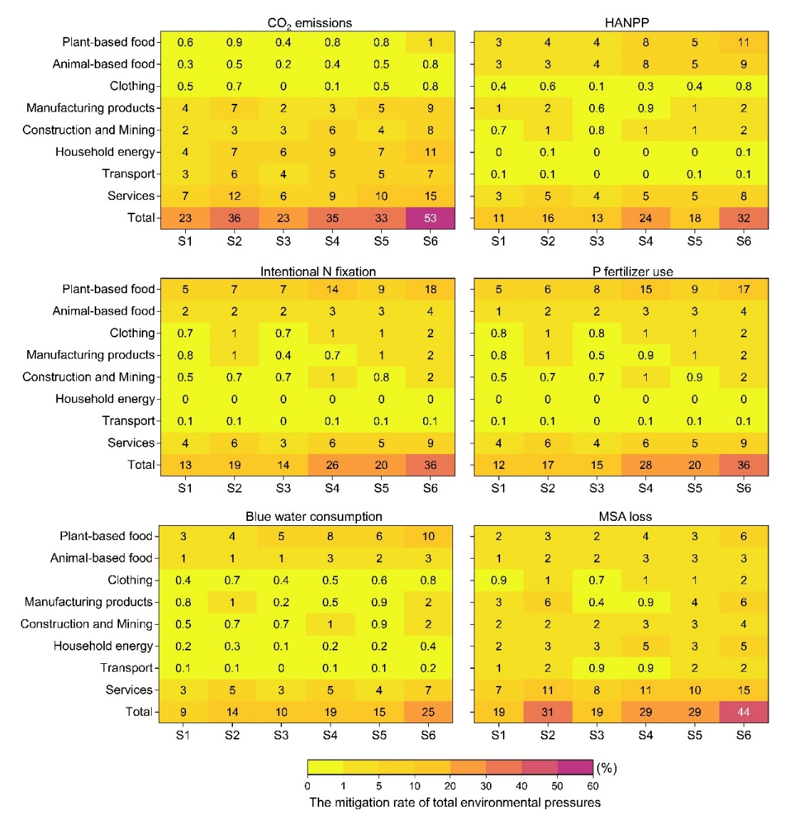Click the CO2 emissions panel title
pos(309,23)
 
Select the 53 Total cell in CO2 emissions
pos(430,218)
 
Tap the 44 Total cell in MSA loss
pos(744,712)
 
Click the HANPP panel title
pos(627,23)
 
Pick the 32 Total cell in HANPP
pos(744,218)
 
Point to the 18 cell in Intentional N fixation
pos(430,290)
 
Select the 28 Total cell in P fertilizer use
pos(645,465)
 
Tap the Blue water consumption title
pos(313,517)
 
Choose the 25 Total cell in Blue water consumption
pos(428,712)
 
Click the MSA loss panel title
pos(625,517)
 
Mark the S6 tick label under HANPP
pos(744,241)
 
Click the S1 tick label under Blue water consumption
pos(183,735)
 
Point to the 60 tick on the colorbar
pos(593,786)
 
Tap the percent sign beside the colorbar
pos(606,769)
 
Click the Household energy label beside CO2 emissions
pos(105,152)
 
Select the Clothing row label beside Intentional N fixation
pos(132,333)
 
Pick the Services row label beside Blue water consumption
pos(129,690)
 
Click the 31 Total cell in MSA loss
pos(547,712)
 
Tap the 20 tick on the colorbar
pos(450,786)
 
